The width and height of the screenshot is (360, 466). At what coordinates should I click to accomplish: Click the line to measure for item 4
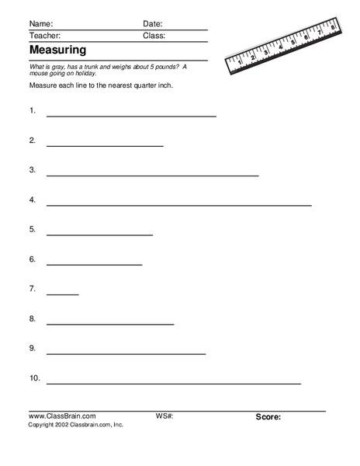178,206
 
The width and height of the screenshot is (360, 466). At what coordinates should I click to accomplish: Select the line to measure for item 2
105,146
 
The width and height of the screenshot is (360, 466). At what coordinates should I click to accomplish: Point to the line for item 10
174,384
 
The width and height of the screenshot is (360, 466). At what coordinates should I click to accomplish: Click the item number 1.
33,111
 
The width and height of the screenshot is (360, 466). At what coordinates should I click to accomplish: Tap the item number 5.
33,229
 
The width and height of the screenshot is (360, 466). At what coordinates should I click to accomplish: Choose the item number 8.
33,318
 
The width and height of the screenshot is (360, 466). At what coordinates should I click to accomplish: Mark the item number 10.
34,378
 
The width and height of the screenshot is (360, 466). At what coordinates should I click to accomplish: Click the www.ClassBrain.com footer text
61,416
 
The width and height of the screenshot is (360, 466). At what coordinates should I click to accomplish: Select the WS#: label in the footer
164,416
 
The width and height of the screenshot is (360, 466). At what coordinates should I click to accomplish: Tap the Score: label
268,417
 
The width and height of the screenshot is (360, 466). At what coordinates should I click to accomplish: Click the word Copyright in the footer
43,425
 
